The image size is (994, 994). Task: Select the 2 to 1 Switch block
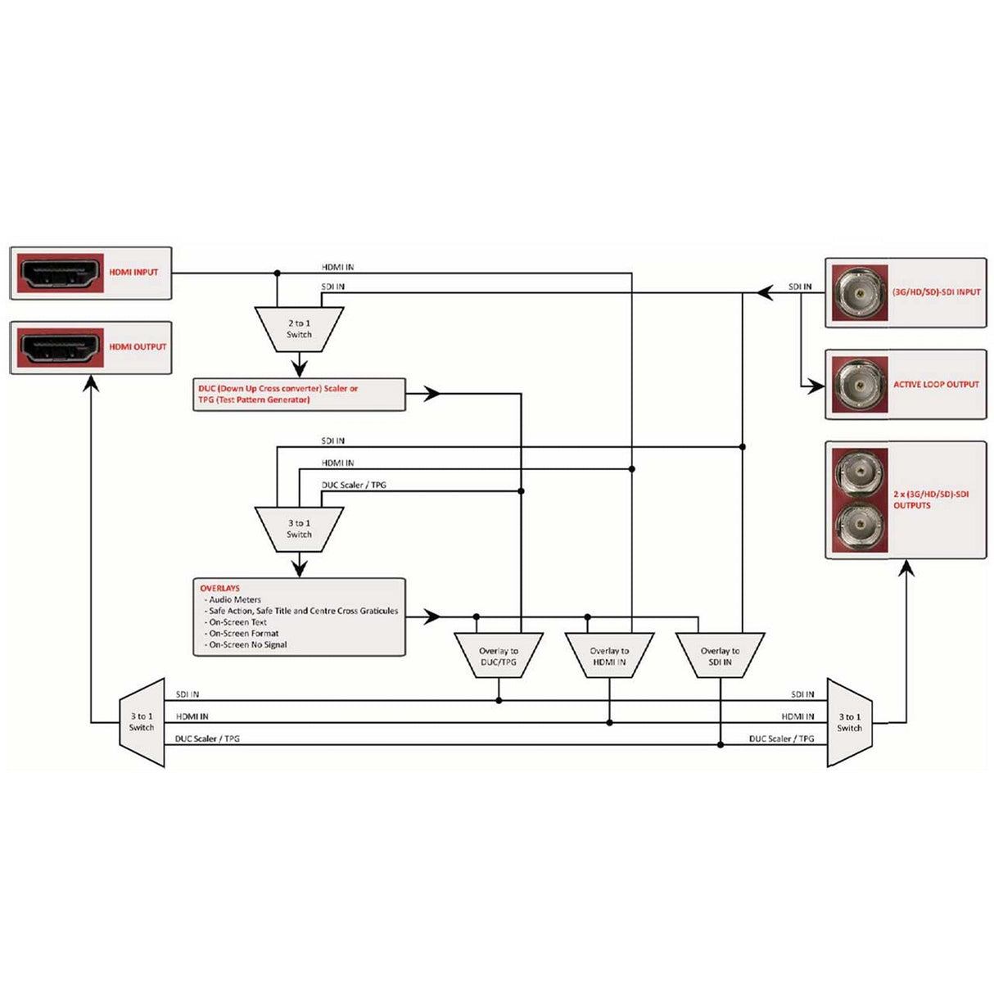(299, 329)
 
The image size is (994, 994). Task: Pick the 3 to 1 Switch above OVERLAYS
(299, 528)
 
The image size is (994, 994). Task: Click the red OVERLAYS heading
(219, 588)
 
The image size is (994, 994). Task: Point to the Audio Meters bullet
(234, 599)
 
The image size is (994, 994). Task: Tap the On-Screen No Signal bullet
(247, 644)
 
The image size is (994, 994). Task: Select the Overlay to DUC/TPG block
(499, 655)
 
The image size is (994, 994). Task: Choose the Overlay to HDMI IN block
(609, 655)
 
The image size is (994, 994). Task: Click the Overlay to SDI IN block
(720, 655)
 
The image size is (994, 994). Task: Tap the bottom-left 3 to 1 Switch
(142, 722)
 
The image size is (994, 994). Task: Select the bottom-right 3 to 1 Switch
(849, 722)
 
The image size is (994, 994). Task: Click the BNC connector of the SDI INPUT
(859, 292)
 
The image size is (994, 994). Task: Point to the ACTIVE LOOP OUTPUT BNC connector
(859, 384)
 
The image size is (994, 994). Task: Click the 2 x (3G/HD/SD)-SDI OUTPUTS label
(931, 499)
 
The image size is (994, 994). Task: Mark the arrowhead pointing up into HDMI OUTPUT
(91, 383)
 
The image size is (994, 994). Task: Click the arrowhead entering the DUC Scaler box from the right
(431, 394)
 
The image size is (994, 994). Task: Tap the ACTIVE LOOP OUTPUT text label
(936, 384)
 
